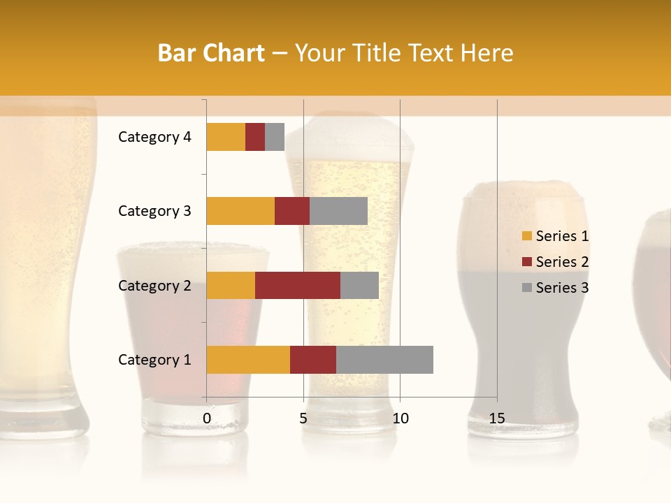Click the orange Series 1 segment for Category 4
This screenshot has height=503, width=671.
pyautogui.click(x=226, y=137)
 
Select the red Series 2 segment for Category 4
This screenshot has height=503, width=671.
pyautogui.click(x=255, y=137)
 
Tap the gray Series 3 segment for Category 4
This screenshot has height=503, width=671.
pyautogui.click(x=275, y=137)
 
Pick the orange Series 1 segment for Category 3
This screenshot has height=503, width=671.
pyautogui.click(x=240, y=211)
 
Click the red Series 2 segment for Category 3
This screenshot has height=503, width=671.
pyautogui.click(x=292, y=211)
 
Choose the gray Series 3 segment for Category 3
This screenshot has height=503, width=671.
pyautogui.click(x=338, y=211)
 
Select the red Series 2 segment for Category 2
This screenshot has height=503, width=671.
pyautogui.click(x=298, y=285)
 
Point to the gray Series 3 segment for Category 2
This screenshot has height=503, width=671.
pyautogui.click(x=359, y=285)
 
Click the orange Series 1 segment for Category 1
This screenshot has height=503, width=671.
pyautogui.click(x=248, y=360)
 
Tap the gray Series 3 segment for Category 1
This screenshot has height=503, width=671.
pyautogui.click(x=384, y=360)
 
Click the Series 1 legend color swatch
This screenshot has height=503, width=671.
pyautogui.click(x=526, y=236)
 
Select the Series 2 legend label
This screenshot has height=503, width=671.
pyautogui.click(x=562, y=262)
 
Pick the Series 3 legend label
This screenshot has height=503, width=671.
pyautogui.click(x=562, y=288)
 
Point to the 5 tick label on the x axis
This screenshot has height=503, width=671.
pyautogui.click(x=303, y=418)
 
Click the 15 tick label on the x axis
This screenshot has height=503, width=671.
pyautogui.click(x=496, y=418)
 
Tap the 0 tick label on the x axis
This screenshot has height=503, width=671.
pyautogui.click(x=207, y=418)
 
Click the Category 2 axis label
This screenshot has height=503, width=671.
pyautogui.click(x=154, y=285)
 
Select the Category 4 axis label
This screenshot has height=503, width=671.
pyautogui.click(x=154, y=137)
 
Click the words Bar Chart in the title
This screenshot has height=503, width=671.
pyautogui.click(x=211, y=53)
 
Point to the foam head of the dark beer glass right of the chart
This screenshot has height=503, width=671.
pyautogui.click(x=523, y=196)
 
